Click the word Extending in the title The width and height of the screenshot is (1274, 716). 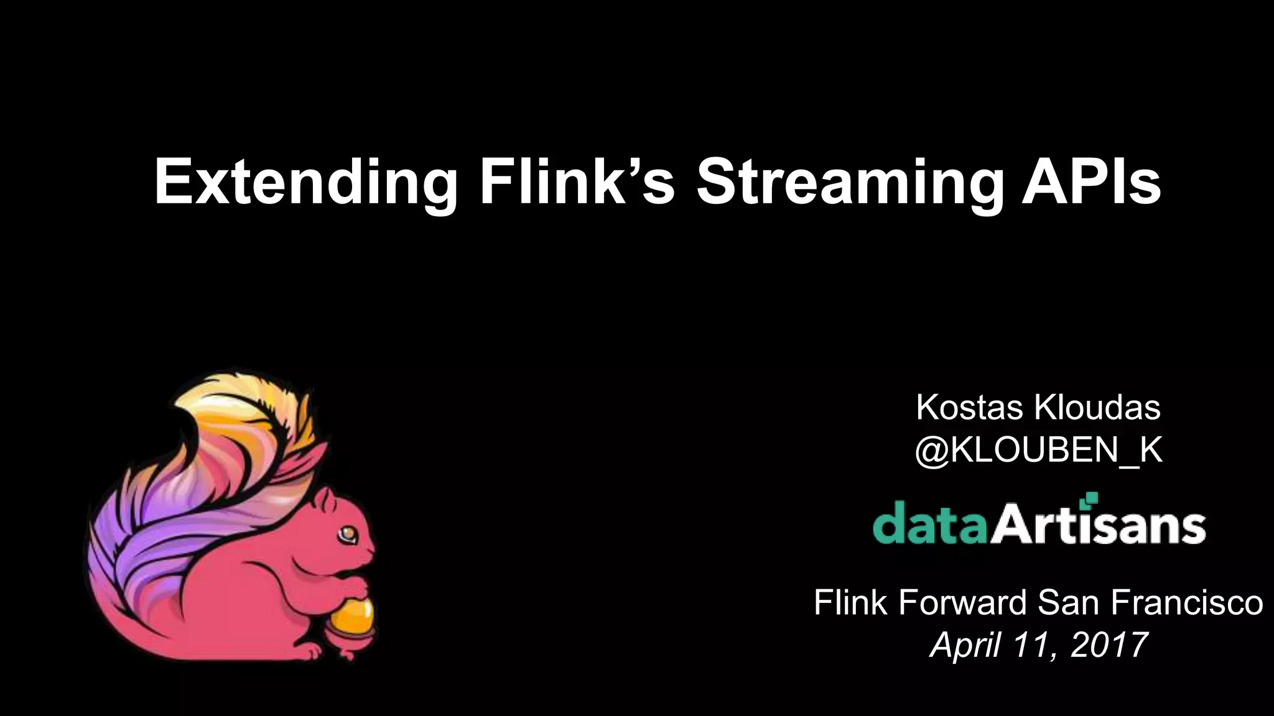[305, 181]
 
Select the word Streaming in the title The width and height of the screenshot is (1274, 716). [850, 181]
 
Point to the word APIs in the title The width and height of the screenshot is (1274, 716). [1091, 181]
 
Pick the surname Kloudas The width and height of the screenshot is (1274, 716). [1097, 408]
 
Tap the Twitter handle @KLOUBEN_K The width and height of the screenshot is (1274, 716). [1038, 450]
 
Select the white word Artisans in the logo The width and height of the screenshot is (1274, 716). [1098, 526]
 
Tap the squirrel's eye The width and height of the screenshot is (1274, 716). [346, 533]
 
